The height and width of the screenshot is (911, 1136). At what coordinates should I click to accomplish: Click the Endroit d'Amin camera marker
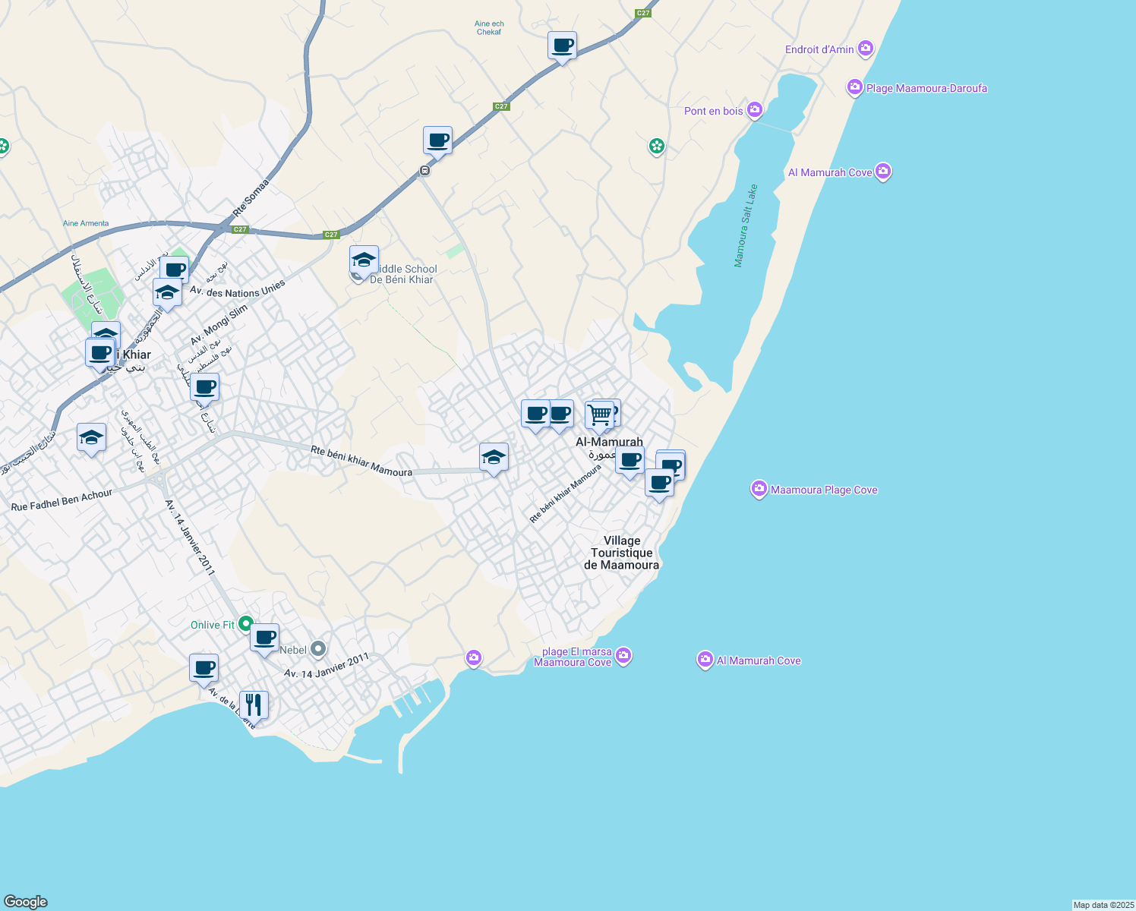coord(865,49)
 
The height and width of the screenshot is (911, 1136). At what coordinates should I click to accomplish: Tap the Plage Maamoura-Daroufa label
coord(926,88)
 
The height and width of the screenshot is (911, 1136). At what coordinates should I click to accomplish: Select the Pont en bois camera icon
coord(754,111)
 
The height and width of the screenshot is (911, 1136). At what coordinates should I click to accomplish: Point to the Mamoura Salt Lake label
coord(746,225)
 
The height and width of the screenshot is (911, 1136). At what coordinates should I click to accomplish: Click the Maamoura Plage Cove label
coord(824,490)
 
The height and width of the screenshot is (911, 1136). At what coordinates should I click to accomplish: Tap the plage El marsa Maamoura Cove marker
coord(623,655)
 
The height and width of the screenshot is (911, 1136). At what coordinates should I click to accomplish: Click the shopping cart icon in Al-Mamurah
coord(599,415)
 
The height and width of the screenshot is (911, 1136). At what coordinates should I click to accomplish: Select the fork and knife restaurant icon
coord(254,705)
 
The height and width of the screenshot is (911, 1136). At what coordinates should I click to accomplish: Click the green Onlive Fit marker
coord(245,624)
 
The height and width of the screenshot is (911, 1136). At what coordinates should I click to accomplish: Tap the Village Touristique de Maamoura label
coord(621,553)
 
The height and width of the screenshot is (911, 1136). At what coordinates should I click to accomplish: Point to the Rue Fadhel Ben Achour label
coord(62,500)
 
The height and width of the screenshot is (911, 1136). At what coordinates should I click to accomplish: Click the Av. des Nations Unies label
coord(237,288)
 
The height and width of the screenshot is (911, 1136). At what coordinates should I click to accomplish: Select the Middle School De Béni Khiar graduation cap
coord(364,260)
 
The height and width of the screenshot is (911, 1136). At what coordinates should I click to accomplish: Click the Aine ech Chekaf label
coord(489,28)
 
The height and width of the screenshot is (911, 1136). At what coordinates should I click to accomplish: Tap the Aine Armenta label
coord(86,223)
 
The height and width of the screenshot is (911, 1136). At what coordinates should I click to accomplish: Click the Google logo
coord(26,901)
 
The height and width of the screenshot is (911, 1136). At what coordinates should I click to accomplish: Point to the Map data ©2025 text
coord(1103,905)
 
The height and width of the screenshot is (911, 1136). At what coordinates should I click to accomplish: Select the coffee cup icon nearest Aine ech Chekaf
coord(562,46)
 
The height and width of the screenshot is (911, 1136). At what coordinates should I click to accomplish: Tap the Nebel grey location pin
coord(318,649)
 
